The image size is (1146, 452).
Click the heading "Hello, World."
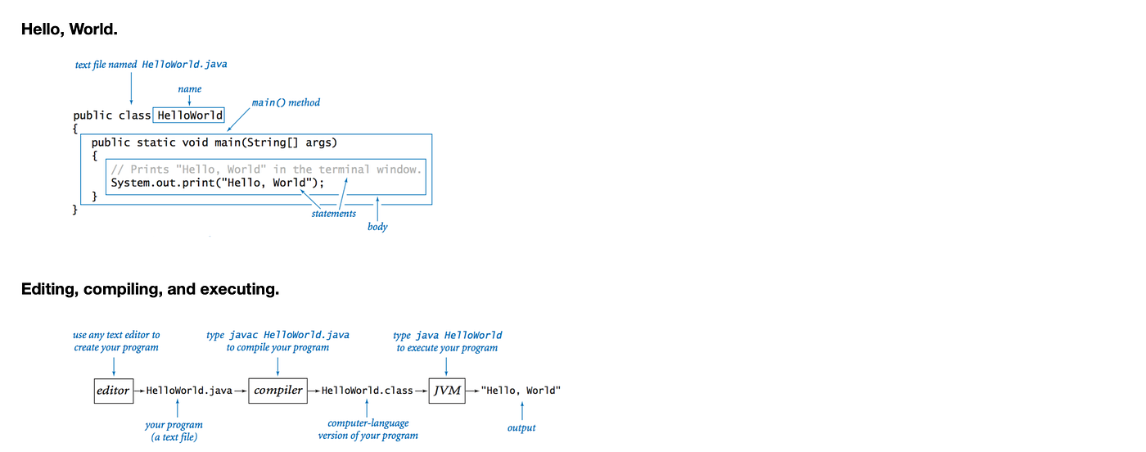(x=70, y=29)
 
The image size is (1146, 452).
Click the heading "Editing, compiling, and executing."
(x=150, y=289)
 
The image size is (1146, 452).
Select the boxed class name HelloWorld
(x=189, y=115)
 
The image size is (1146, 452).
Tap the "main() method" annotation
(x=286, y=103)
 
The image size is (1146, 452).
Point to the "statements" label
(x=333, y=214)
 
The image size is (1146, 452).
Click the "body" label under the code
(x=377, y=227)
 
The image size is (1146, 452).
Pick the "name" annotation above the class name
(x=189, y=89)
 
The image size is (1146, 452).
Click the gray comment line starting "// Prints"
(x=266, y=169)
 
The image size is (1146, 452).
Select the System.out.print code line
(x=218, y=183)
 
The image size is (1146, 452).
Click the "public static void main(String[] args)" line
(x=214, y=142)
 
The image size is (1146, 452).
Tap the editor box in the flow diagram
(x=113, y=391)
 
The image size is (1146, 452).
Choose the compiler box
(x=278, y=391)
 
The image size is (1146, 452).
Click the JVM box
(x=447, y=391)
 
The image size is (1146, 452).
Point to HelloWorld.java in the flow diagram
(x=189, y=391)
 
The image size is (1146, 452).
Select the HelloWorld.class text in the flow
(x=367, y=391)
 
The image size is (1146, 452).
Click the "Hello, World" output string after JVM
(x=521, y=391)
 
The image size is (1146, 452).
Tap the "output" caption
(x=521, y=428)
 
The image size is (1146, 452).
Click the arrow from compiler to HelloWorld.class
(x=314, y=391)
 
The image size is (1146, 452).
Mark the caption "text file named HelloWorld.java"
(x=151, y=64)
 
